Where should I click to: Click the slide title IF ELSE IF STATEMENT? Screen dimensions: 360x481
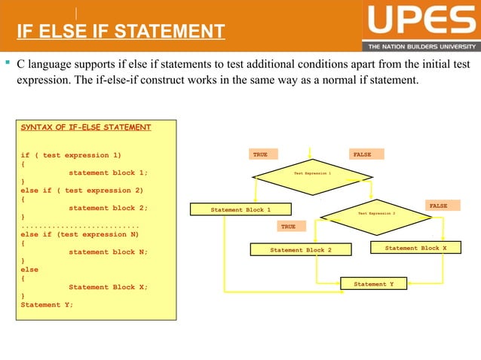121,32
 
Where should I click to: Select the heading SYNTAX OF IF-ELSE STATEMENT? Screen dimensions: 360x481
86,127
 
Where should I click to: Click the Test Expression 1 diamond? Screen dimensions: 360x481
312,173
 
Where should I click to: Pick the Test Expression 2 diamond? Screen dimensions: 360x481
376,213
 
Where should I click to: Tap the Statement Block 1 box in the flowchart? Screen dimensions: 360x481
240,209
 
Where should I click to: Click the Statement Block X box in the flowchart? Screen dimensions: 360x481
415,248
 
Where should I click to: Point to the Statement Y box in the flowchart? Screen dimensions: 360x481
374,284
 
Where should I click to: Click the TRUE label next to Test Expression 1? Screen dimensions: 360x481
260,154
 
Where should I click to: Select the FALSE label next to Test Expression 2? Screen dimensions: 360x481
438,206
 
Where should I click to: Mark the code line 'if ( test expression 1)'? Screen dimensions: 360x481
71,155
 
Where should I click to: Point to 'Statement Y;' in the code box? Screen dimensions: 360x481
47,304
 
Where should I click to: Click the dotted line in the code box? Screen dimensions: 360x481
81,225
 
